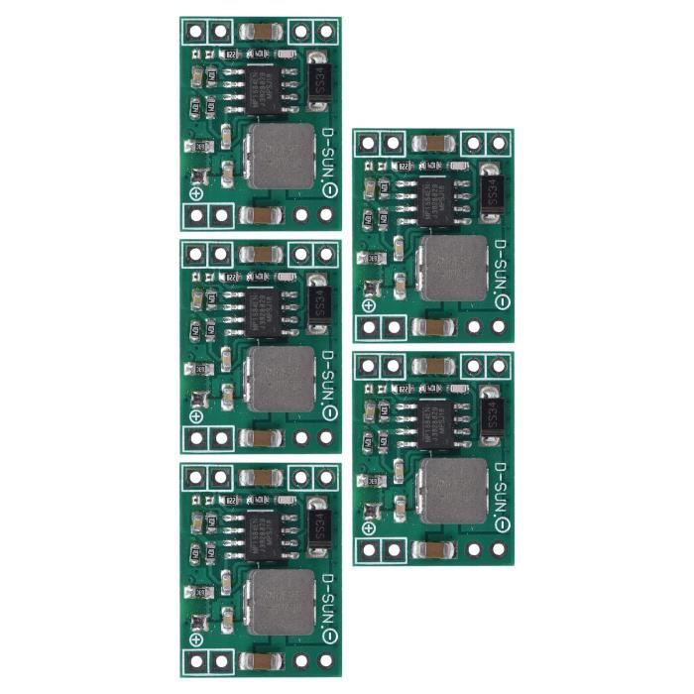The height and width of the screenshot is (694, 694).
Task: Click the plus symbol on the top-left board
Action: tap(196, 194)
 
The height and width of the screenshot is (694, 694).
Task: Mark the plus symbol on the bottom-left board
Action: tap(196, 639)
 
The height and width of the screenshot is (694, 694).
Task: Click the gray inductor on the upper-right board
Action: tap(454, 266)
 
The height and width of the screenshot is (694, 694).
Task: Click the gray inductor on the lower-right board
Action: tap(454, 489)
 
